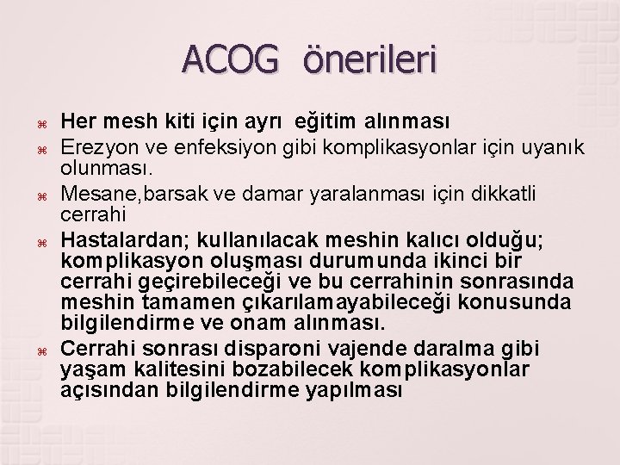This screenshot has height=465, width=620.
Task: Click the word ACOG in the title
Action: pyautogui.click(x=231, y=60)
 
